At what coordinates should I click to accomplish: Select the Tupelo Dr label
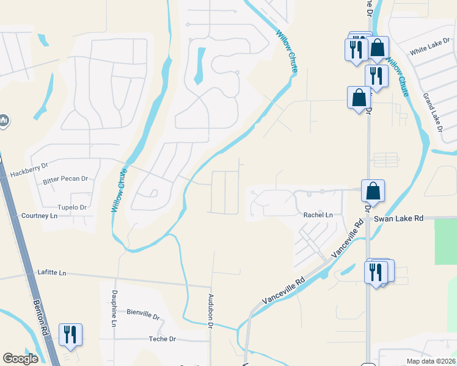[x=72, y=207]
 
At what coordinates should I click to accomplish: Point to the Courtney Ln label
[x=39, y=216]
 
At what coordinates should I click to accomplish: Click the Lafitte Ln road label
[x=51, y=273]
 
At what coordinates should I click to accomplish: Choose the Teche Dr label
[x=162, y=339]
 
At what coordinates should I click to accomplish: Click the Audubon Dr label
[x=210, y=311]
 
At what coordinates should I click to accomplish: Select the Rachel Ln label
[x=318, y=215]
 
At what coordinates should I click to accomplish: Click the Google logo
[x=20, y=359]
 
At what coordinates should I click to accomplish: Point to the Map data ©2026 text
[x=430, y=361]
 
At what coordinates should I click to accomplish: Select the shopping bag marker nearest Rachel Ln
[x=373, y=192]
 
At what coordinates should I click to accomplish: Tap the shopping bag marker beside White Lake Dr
[x=378, y=48]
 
